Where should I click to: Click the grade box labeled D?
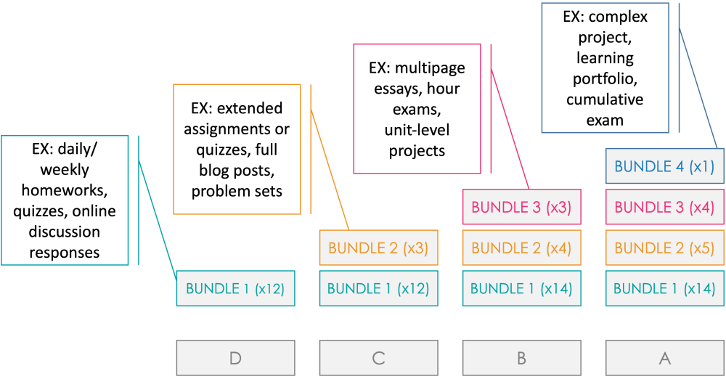235,357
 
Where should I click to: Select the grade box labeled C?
378,357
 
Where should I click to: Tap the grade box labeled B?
521,357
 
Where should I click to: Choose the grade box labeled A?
664,357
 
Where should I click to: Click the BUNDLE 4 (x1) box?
664,166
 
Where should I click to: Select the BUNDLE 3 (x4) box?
664,207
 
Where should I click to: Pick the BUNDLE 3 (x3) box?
521,207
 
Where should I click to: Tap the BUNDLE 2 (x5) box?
664,248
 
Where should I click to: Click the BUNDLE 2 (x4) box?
521,248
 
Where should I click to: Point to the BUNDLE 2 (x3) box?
378,248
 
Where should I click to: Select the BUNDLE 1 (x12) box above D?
235,288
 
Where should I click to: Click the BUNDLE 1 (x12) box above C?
378,288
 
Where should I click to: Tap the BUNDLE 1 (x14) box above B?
521,288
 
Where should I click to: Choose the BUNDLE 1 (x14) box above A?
664,288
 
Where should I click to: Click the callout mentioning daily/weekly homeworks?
65,200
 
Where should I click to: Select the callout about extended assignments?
237,149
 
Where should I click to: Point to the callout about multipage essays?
417,109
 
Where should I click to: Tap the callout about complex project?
605,68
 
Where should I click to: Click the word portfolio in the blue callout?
605,78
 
